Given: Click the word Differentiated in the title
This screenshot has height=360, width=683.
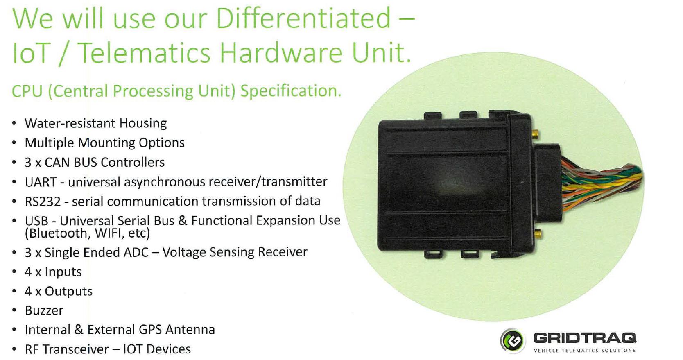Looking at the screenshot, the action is click(x=303, y=18).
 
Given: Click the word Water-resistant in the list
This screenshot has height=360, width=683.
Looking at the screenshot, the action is click(x=70, y=123).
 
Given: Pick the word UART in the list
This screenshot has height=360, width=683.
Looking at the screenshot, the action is click(x=41, y=182).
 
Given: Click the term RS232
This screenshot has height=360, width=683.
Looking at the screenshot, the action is click(x=43, y=202).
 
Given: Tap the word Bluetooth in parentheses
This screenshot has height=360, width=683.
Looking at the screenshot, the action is click(x=58, y=233).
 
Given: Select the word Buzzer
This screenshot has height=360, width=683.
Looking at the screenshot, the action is click(x=44, y=310).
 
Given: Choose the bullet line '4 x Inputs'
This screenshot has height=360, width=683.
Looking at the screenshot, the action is click(x=53, y=272).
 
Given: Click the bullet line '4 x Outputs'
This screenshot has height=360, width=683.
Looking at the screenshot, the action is click(x=58, y=291).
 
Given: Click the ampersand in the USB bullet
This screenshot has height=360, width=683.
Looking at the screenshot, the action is click(x=182, y=221).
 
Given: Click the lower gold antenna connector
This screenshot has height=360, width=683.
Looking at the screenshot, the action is click(x=538, y=234).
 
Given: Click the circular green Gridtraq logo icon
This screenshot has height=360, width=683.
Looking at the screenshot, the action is click(x=513, y=340).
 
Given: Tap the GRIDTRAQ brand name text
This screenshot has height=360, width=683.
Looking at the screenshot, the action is click(x=584, y=338).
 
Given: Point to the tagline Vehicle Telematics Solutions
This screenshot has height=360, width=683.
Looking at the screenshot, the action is click(x=584, y=351).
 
